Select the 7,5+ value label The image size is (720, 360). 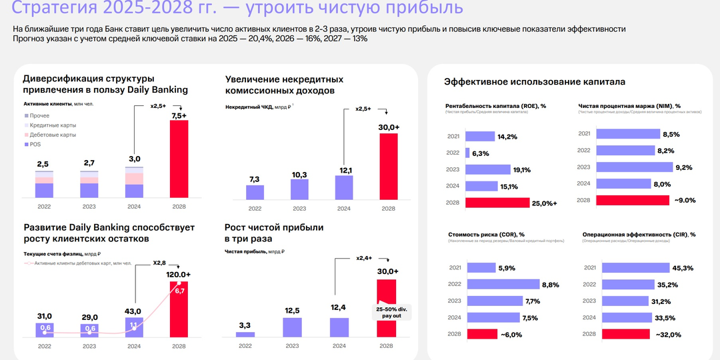(179, 116)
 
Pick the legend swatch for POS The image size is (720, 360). (26, 144)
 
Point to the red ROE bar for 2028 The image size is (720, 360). (497, 203)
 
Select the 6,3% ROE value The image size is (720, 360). (480, 153)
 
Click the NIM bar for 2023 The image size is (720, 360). (631, 167)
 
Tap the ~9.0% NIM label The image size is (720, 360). (685, 201)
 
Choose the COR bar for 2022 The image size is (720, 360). (503, 284)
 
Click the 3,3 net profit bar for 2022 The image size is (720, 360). (245, 334)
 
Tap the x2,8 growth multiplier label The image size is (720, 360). (159, 263)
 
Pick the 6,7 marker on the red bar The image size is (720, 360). (179, 291)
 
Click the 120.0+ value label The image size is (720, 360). (179, 275)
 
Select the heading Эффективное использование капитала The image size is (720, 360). (535, 82)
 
